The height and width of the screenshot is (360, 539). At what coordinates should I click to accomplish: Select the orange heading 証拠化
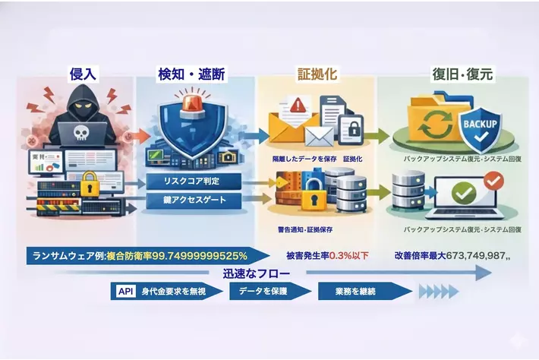coord(317,74)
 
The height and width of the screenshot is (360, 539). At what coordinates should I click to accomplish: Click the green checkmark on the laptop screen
coord(463,193)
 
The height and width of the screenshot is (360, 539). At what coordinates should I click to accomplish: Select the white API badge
coord(125,291)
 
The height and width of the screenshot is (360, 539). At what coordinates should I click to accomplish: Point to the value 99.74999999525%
coord(202,254)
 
